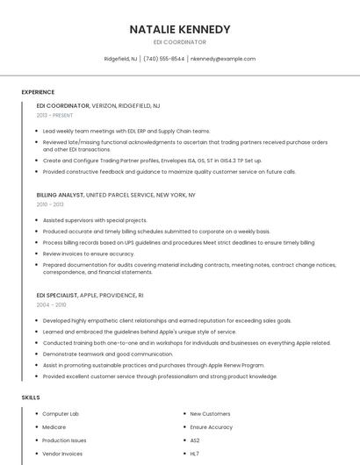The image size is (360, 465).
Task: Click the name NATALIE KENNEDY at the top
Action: pos(179,29)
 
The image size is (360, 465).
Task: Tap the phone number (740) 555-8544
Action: pos(164,59)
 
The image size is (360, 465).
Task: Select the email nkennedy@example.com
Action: pos(223,59)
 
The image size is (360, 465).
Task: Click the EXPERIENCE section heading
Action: pos(38,92)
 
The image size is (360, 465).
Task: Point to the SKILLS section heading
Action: pos(31,397)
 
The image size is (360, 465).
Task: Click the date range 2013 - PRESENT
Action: pos(55,115)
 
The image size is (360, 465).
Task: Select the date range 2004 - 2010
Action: pos(51,305)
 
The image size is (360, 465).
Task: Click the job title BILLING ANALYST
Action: pos(60,195)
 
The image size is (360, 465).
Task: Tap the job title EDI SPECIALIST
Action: pos(57,296)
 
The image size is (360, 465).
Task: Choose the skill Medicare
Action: pos(54,427)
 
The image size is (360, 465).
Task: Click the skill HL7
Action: pos(194,454)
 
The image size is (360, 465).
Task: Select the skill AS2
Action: pos(195,440)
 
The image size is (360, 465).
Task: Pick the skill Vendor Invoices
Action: pos(62,454)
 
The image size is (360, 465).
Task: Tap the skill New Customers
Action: pos(210,413)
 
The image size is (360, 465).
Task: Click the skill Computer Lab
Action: pos(61,413)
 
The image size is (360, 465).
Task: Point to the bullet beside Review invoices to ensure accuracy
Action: pos(38,254)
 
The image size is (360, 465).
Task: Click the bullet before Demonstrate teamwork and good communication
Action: pos(38,354)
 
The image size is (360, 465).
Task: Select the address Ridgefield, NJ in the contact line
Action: pos(120,59)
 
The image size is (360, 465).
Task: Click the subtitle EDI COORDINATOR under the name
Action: pos(179,41)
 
